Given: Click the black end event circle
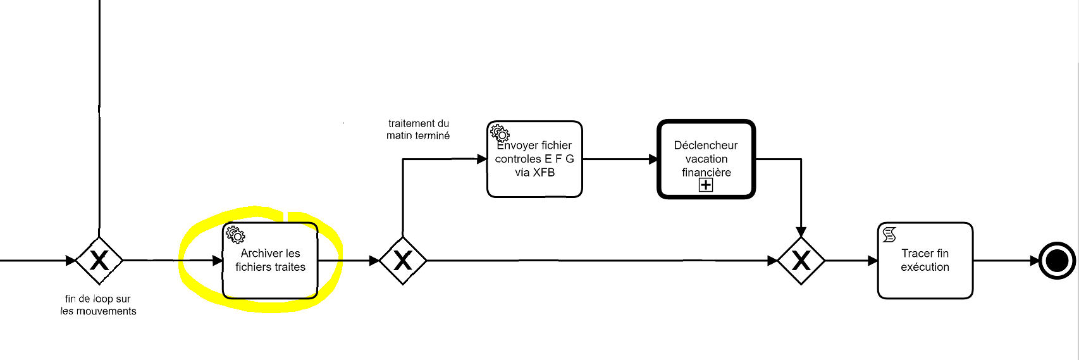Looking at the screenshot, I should [x=1057, y=261].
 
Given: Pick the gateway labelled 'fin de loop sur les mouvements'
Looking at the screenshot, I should [x=99, y=261].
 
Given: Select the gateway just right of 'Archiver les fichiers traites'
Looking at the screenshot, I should [x=403, y=261].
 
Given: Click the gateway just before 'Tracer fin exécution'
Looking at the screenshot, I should [x=801, y=261].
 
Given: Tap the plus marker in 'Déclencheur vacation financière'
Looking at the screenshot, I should [x=706, y=185].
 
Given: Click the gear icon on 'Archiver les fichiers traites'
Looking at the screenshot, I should [x=235, y=235].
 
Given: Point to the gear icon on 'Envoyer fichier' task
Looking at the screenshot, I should [x=500, y=133].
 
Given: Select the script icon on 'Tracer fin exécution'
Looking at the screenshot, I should [x=889, y=235].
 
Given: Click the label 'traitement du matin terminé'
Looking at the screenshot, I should [x=418, y=129].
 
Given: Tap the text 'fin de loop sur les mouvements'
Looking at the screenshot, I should [x=98, y=304].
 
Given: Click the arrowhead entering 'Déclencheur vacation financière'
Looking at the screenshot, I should [x=653, y=159].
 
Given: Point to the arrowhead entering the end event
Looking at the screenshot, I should [x=1034, y=261].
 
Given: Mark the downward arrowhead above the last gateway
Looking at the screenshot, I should [x=801, y=232].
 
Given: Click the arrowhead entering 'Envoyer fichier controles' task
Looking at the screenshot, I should [x=482, y=159].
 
